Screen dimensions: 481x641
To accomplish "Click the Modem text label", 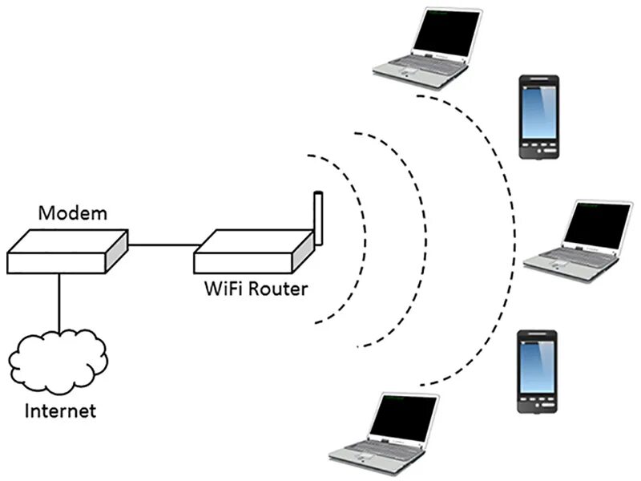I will (x=73, y=213).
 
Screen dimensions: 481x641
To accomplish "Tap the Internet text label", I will (x=61, y=411).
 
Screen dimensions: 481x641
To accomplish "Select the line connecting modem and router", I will (x=161, y=245).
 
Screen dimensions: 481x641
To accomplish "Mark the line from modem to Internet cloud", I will (x=58, y=301).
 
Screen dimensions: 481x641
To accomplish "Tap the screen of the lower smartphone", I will (x=537, y=368).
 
